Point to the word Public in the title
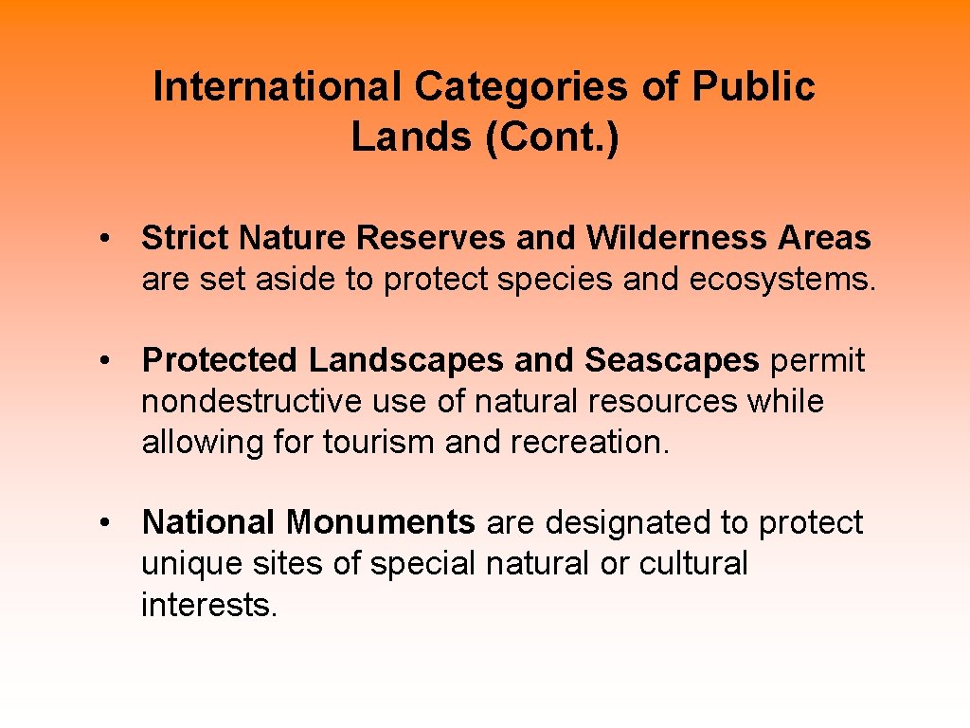pyautogui.click(x=753, y=87)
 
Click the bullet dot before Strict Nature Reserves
pyautogui.click(x=111, y=239)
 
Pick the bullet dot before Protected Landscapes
pyautogui.click(x=111, y=361)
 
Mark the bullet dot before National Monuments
pyautogui.click(x=111, y=523)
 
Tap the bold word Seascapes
pyautogui.click(x=672, y=361)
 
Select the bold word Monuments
pyautogui.click(x=381, y=523)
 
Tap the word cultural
pyautogui.click(x=693, y=564)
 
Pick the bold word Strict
pyautogui.click(x=187, y=239)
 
